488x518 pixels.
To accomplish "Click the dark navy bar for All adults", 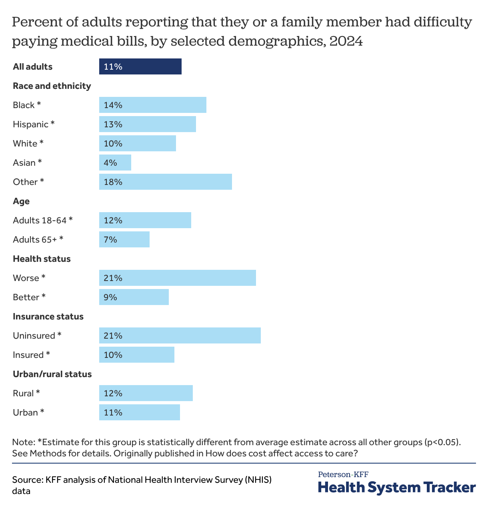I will [x=140, y=66].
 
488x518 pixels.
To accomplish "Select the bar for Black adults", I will [x=152, y=105].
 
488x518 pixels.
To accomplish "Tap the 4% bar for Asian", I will [x=115, y=163].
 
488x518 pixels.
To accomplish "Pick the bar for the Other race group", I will [x=165, y=182].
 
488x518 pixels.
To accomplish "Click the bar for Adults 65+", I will [x=124, y=239].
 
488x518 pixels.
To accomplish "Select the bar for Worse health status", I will [x=177, y=278].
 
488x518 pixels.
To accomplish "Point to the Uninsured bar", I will [x=180, y=335].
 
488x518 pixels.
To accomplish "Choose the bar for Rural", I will [x=146, y=393].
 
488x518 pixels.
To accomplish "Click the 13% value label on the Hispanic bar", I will [x=113, y=124].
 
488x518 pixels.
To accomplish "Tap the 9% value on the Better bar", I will [x=110, y=297].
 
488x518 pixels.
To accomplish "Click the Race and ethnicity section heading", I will [x=52, y=86].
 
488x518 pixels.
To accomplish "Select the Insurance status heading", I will [x=48, y=317].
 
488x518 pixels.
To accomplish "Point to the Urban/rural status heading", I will [x=52, y=374].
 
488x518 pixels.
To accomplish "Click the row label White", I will [x=25, y=144].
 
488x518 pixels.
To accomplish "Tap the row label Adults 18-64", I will [x=40, y=221].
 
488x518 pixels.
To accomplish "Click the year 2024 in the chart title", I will [x=346, y=41].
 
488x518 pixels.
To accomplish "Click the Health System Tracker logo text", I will [x=397, y=488].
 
